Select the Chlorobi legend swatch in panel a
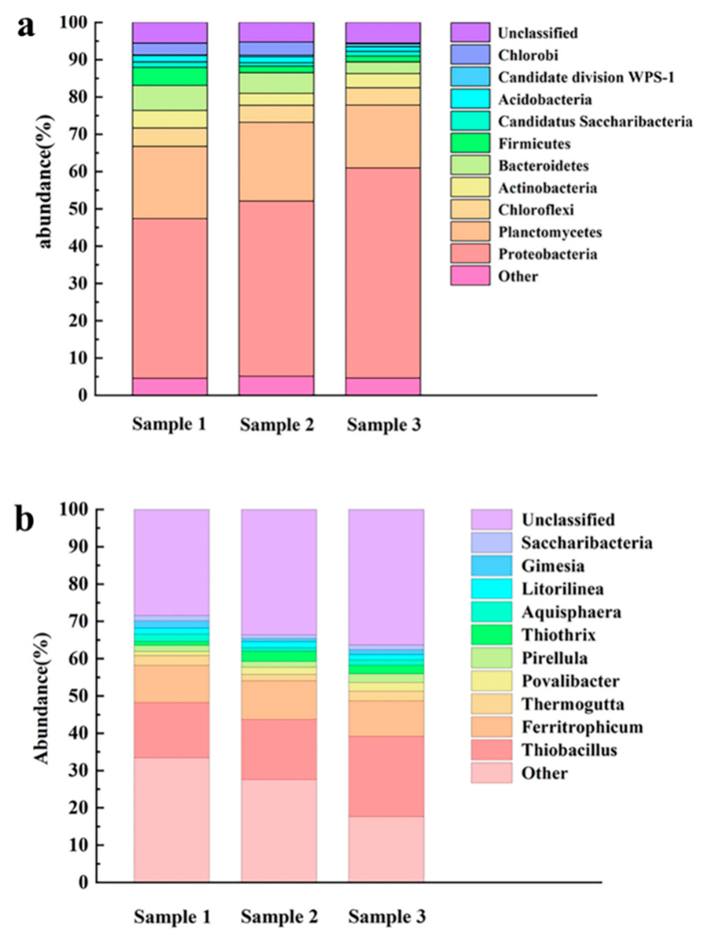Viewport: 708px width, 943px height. (x=470, y=55)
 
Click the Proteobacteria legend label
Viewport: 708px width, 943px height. (x=548, y=255)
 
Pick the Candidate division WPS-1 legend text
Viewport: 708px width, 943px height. (x=587, y=78)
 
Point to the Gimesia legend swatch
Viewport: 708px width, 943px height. (x=491, y=566)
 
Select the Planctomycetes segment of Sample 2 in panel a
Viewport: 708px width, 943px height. (x=276, y=162)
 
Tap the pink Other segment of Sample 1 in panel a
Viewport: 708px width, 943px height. (x=170, y=387)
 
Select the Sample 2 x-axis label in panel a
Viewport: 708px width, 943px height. (x=277, y=425)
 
